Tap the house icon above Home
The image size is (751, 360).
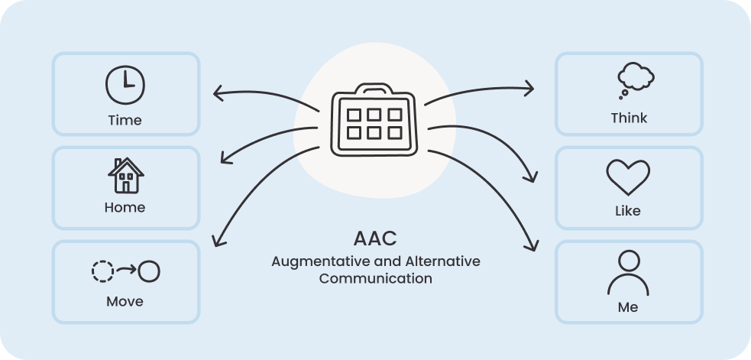click(125, 176)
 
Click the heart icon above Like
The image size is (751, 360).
click(628, 177)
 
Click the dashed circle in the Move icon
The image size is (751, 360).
click(102, 271)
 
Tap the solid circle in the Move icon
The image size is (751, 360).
click(150, 271)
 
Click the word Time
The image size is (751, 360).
click(125, 120)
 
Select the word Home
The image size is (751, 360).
click(125, 207)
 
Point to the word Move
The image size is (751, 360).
click(125, 301)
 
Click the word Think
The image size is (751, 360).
click(629, 118)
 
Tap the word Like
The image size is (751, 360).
click(628, 210)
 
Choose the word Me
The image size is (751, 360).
click(628, 307)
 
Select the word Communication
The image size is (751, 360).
click(375, 278)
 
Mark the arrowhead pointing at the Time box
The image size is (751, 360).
click(216, 94)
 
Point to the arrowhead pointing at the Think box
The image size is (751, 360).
click(530, 89)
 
